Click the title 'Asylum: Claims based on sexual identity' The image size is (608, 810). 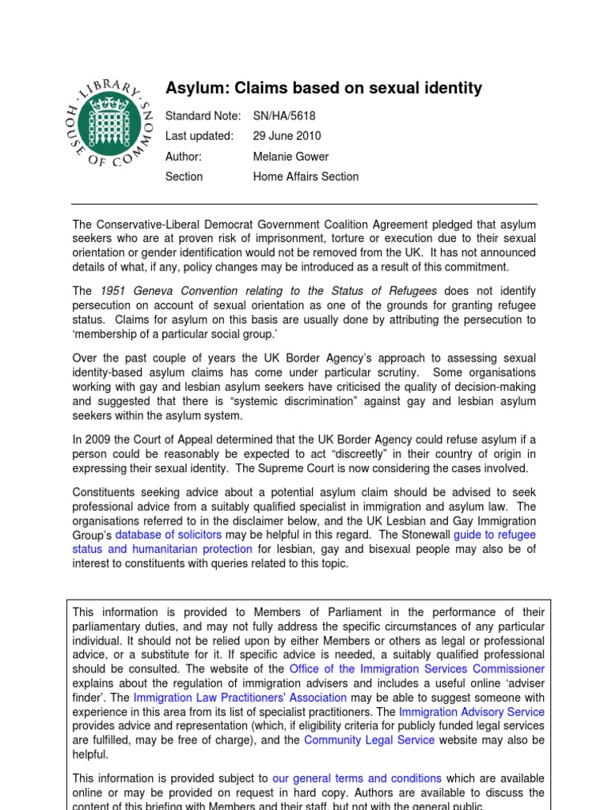point(323,88)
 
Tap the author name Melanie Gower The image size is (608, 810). point(291,156)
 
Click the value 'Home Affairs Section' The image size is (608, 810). point(306,176)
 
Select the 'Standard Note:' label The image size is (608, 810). point(203,115)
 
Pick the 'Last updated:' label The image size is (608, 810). point(199,135)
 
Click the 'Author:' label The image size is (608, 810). point(184,156)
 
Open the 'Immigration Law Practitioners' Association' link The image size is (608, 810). point(240,697)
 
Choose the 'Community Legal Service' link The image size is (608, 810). point(369,740)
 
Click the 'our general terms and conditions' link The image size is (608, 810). point(357,778)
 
